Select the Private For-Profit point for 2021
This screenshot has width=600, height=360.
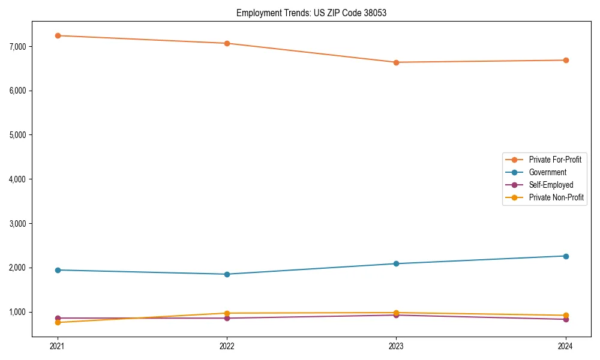pyautogui.click(x=58, y=35)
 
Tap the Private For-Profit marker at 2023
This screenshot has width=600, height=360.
pyautogui.click(x=396, y=62)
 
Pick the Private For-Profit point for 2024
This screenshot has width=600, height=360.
pyautogui.click(x=566, y=60)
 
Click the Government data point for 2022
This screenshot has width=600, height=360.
pyautogui.click(x=227, y=274)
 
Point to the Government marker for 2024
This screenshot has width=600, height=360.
pyautogui.click(x=566, y=256)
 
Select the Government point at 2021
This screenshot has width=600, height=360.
pyautogui.click(x=58, y=270)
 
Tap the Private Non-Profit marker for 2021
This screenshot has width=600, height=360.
pyautogui.click(x=58, y=322)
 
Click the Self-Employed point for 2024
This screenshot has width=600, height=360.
pyautogui.click(x=566, y=319)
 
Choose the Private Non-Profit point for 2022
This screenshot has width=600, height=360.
pyautogui.click(x=227, y=313)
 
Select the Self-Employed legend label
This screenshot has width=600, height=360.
pyautogui.click(x=551, y=185)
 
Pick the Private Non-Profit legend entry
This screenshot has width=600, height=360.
pyautogui.click(x=556, y=197)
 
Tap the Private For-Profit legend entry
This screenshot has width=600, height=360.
pyautogui.click(x=555, y=160)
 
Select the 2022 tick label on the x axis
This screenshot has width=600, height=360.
pyautogui.click(x=227, y=346)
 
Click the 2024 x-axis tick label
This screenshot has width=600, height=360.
pyautogui.click(x=566, y=346)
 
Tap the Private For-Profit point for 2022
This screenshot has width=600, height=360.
pyautogui.click(x=227, y=43)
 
